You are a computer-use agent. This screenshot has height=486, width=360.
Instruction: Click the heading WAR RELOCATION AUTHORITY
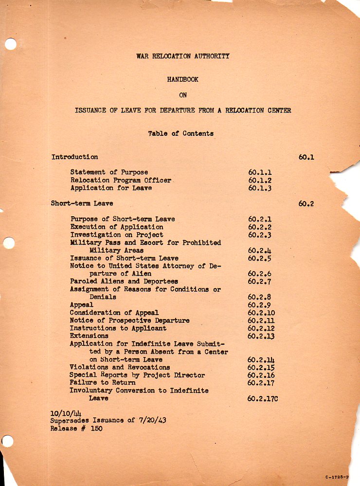pyautogui.click(x=182, y=56)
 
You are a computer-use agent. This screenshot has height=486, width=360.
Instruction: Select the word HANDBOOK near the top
pyautogui.click(x=182, y=79)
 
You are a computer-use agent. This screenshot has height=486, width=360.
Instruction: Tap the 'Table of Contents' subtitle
pyautogui.click(x=180, y=133)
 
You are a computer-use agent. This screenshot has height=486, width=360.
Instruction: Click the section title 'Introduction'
pyautogui.click(x=74, y=157)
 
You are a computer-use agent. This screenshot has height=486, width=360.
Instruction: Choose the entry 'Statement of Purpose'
pyautogui.click(x=109, y=172)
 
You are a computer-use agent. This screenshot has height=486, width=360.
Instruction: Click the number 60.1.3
pyautogui.click(x=260, y=188)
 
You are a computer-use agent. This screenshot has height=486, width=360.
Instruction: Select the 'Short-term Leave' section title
pyautogui.click(x=82, y=204)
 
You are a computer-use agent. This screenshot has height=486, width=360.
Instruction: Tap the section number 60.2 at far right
pyautogui.click(x=306, y=204)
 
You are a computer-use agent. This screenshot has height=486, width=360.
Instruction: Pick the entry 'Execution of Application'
pyautogui.click(x=117, y=227)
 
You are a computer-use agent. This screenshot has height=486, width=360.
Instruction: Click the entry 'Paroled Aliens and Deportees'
pyautogui.click(x=124, y=281)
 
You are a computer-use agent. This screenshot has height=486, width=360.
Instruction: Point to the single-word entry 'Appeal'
pyautogui.click(x=81, y=304)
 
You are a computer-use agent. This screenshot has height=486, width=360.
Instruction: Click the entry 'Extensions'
pyautogui.click(x=89, y=336)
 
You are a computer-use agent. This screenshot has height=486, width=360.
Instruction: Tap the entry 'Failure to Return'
pyautogui.click(x=102, y=383)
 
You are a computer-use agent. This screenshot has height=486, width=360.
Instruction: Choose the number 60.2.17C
pyautogui.click(x=263, y=398)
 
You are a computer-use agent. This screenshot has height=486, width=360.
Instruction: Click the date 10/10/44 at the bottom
pyautogui.click(x=62, y=413)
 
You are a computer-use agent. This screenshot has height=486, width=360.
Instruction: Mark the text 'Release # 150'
pyautogui.click(x=76, y=429)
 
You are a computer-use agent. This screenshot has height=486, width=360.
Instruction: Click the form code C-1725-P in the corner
pyautogui.click(x=337, y=478)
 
